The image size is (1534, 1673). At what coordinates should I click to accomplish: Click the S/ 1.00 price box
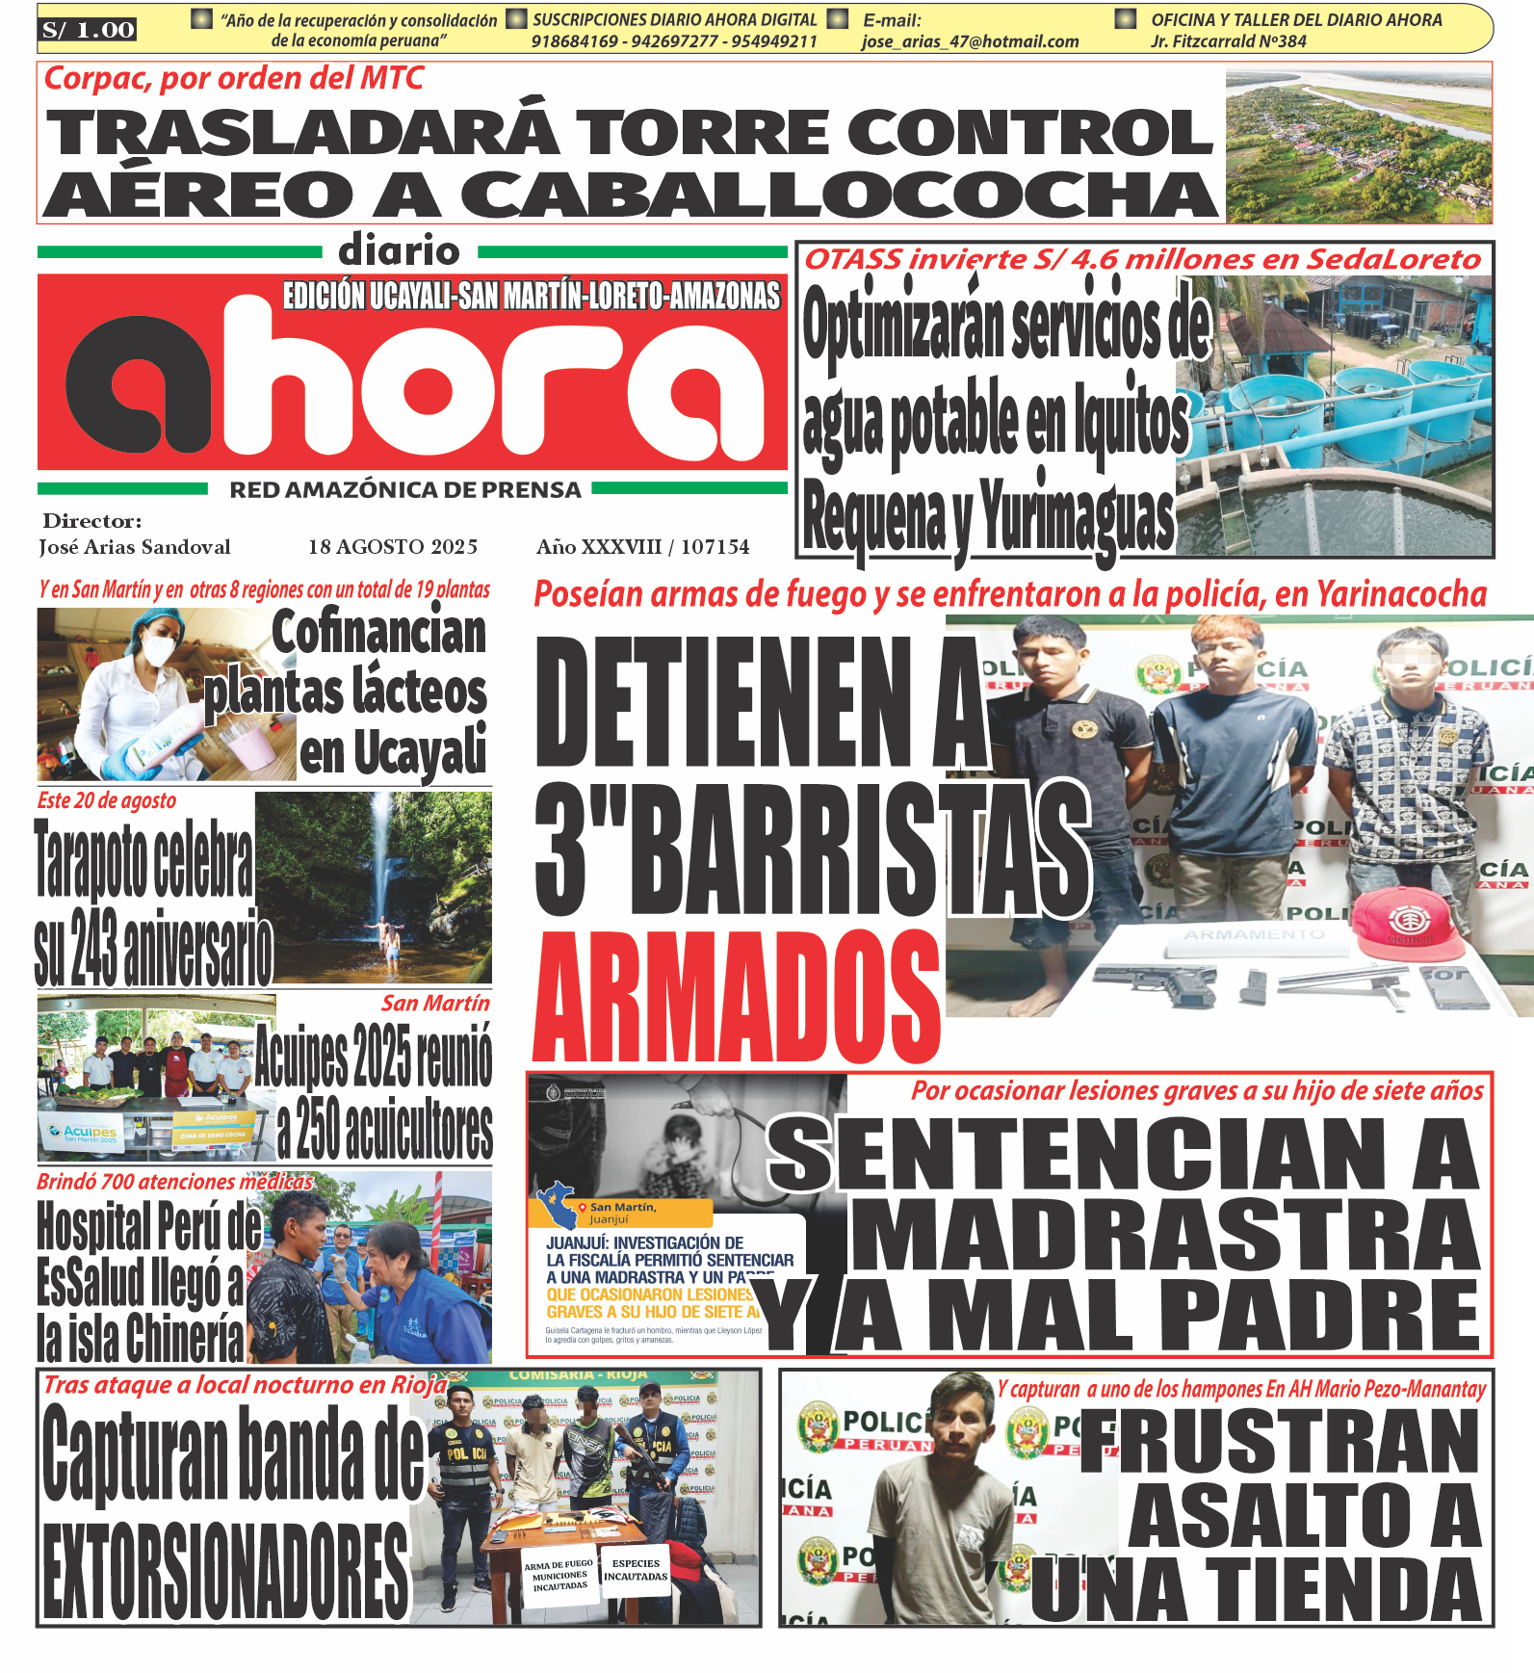coord(88,30)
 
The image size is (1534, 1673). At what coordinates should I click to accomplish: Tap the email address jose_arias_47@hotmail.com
coord(970,41)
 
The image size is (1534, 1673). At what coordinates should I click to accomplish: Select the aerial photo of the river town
coord(1358,145)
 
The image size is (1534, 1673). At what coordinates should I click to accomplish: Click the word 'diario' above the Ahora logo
coord(399,251)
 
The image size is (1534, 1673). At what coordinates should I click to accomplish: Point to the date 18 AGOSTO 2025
coord(393,547)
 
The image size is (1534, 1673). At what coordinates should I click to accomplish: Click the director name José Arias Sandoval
coord(135,547)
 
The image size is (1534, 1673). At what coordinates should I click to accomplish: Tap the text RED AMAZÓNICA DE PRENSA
coord(404,490)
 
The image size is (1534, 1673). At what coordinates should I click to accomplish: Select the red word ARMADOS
coord(737,998)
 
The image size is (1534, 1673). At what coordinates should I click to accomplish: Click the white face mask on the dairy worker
coord(159,650)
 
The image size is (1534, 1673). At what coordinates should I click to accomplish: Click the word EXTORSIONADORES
coord(226,1571)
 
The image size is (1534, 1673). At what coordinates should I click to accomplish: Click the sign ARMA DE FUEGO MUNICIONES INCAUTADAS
coord(559,1576)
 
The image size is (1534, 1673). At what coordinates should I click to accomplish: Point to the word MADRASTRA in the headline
coord(1165,1237)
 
